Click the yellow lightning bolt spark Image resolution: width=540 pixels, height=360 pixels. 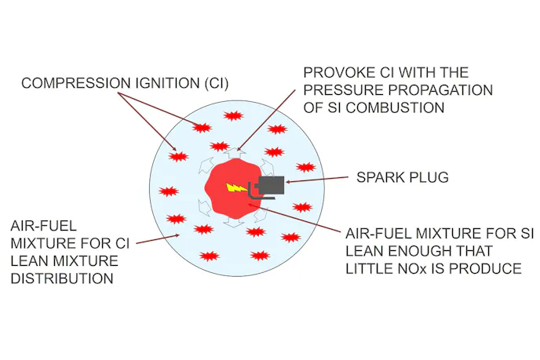[x=235, y=187]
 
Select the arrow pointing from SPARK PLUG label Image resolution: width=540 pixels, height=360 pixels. [x=319, y=181]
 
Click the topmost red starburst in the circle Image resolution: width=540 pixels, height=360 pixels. [x=232, y=116]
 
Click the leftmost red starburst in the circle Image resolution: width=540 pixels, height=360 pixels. [x=169, y=192]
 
